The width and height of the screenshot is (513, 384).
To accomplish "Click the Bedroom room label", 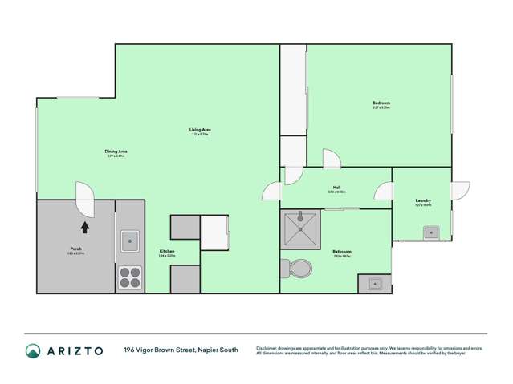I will click(381, 103).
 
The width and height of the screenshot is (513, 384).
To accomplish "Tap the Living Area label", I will click(200, 130).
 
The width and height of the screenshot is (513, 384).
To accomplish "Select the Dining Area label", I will click(116, 151).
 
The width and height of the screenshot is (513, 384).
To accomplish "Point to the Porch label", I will click(75, 249).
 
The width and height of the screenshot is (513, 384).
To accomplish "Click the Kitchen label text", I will click(167, 251).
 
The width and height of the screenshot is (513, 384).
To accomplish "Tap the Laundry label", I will click(424, 201).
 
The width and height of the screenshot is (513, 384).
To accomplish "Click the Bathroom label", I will click(342, 252).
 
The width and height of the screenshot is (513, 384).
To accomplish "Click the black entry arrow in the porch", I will click(84, 227).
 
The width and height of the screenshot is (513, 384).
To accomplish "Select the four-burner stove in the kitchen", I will click(130, 277).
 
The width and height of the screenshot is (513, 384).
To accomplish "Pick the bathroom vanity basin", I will click(374, 283).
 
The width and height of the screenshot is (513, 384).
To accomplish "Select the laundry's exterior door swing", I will click(460, 191).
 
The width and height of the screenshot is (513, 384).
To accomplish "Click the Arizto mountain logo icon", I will click(33, 350).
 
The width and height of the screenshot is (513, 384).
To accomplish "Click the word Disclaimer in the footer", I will click(268, 348).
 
